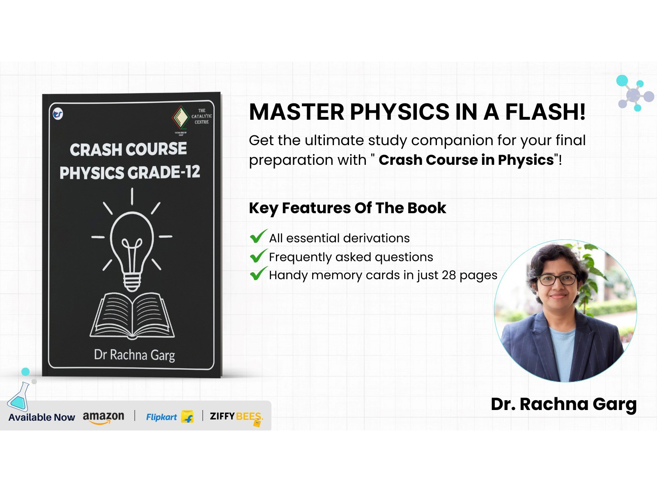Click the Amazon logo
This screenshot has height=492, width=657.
point(103,417)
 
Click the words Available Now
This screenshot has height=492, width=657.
point(41,417)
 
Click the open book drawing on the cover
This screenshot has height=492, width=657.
point(132,316)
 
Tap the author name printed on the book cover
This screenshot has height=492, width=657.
point(134,355)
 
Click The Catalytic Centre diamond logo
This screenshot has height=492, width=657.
point(181,117)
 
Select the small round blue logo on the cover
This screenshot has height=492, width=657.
point(58,114)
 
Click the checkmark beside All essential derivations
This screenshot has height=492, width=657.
point(258,237)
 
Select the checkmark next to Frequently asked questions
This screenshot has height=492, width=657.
point(258,256)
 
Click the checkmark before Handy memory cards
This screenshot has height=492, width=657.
point(258,274)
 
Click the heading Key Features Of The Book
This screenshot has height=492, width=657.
point(347,208)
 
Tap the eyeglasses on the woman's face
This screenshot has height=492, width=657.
point(557,280)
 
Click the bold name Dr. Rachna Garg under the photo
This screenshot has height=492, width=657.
point(563,404)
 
